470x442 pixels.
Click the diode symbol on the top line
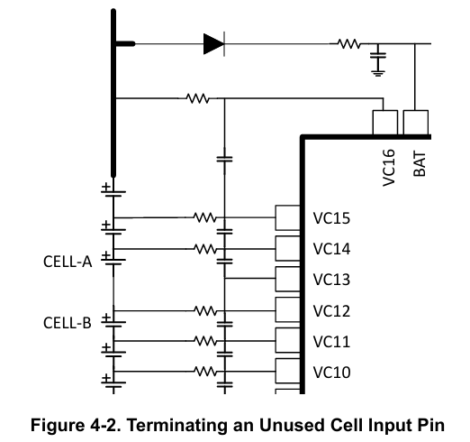214,44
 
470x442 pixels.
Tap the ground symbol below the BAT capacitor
378,73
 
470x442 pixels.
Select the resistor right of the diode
348,44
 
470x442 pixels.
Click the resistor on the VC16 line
197,98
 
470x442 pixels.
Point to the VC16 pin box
385,123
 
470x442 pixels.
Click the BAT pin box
416,123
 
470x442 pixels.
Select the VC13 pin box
288,279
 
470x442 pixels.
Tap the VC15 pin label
331,218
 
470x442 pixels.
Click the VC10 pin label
331,373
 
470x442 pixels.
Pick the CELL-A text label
68,262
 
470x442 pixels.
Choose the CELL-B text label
68,323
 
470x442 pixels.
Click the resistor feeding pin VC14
205,249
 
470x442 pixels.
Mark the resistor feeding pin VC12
205,310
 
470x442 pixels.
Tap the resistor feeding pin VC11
205,341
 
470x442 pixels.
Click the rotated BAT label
420,164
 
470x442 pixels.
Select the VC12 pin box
288,309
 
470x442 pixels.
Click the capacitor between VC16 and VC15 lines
224,159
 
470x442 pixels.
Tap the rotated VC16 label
389,168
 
